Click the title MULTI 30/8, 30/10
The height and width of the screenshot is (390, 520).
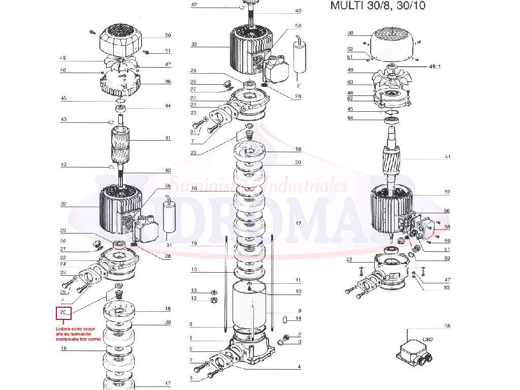pyautogui.click(x=378, y=6)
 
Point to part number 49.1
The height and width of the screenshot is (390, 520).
pyautogui.click(x=436, y=67)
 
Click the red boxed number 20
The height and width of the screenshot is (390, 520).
pyautogui.click(x=63, y=312)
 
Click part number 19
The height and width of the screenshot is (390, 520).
pyautogui.click(x=193, y=243)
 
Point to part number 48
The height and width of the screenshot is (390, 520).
pyautogui.click(x=63, y=70)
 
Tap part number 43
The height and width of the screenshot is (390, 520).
pyautogui.click(x=63, y=119)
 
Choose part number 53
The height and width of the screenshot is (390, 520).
pyautogui.click(x=446, y=288)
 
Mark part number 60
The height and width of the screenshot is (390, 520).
pyautogui.click(x=447, y=241)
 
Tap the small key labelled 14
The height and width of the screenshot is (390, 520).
pyautogui.click(x=285, y=319)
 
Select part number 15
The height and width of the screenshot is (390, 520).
pyautogui.click(x=193, y=269)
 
